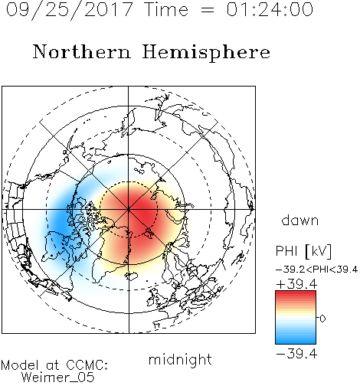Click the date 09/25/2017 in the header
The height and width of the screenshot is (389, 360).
click(x=70, y=10)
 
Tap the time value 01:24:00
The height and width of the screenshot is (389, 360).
click(x=270, y=9)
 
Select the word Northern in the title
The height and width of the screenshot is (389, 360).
click(x=82, y=51)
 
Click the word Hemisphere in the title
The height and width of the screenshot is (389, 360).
click(x=206, y=53)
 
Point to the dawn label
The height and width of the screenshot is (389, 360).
click(x=300, y=220)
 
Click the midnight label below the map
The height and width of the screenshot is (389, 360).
click(x=180, y=360)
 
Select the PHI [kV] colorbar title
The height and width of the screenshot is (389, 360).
click(x=303, y=251)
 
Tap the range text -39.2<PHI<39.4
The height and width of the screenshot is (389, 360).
click(x=316, y=270)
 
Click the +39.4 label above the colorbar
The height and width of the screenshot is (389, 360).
click(x=296, y=284)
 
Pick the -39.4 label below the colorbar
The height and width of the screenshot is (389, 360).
click(x=296, y=354)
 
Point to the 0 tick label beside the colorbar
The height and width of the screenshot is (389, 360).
click(x=322, y=319)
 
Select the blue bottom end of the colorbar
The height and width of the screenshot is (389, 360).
click(x=296, y=342)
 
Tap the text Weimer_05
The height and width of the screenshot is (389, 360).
click(x=58, y=378)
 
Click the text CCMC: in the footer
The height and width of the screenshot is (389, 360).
click(x=87, y=365)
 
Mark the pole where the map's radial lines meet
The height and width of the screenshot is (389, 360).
click(x=129, y=210)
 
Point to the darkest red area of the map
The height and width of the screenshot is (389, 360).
click(x=143, y=212)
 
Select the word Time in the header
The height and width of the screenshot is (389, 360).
click(x=166, y=9)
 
